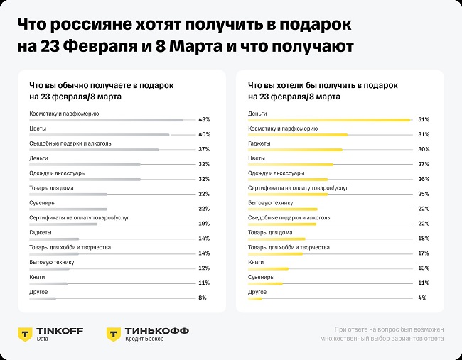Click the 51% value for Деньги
424,119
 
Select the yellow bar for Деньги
328,119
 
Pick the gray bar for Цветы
99,134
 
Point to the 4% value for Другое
422,298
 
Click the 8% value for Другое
203,298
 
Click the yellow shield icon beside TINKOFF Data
25,334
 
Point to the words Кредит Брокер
144,339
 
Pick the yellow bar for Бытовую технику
282,209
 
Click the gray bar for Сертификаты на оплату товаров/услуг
63,224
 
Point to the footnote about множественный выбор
388,334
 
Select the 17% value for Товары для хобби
422,253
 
